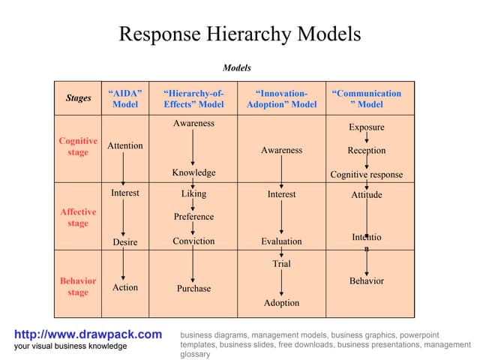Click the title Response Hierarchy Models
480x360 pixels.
click(240, 34)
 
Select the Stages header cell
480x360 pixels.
click(79, 98)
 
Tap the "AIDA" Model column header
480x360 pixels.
click(125, 99)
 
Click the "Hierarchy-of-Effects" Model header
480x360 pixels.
click(193, 99)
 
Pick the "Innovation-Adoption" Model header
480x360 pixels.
click(281, 99)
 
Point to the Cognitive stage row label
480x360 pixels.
click(78, 146)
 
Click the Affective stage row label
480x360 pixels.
click(78, 217)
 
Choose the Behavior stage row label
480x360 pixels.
click(78, 286)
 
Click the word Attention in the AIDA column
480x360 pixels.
click(125, 145)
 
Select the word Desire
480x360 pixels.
click(125, 242)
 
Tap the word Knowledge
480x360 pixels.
click(193, 172)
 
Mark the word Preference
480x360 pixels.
click(193, 217)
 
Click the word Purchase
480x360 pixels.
click(193, 289)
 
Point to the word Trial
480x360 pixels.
click(281, 264)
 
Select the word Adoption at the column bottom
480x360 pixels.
click(281, 303)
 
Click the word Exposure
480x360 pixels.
click(367, 127)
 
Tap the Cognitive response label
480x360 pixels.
click(367, 175)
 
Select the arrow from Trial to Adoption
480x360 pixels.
click(281, 283)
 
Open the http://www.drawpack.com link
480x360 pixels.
click(88, 334)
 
